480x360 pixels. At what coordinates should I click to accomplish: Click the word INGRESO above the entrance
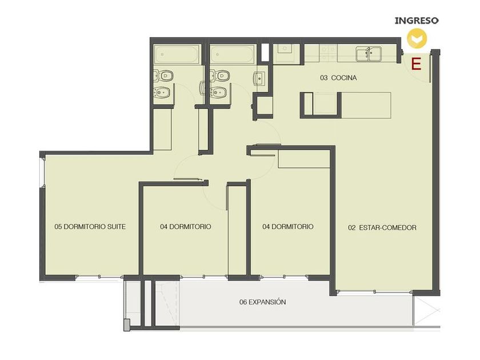point(417,21)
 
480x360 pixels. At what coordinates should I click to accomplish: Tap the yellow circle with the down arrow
point(417,38)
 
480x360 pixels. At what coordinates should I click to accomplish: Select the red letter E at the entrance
point(417,64)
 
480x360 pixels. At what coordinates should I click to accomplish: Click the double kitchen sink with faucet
point(369,54)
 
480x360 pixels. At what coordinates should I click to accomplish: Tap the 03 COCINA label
point(338,78)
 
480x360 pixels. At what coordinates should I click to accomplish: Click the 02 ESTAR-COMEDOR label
point(382,227)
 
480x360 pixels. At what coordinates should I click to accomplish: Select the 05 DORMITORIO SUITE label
point(90,226)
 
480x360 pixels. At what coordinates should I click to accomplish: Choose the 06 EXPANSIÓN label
point(263,302)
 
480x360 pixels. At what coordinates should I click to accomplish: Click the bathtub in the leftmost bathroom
point(178,55)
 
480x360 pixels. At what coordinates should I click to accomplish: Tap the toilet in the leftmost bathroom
point(163,75)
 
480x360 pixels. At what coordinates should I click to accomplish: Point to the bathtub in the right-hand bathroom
point(233,54)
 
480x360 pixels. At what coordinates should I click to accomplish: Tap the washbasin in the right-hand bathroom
point(259,78)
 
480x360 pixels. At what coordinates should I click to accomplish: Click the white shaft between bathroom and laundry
point(265,53)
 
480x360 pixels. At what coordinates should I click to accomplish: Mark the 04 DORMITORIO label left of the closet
point(186,226)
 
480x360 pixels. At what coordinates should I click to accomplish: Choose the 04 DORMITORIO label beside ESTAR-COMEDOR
point(288,226)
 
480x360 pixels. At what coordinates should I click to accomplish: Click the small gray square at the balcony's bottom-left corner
point(127,325)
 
